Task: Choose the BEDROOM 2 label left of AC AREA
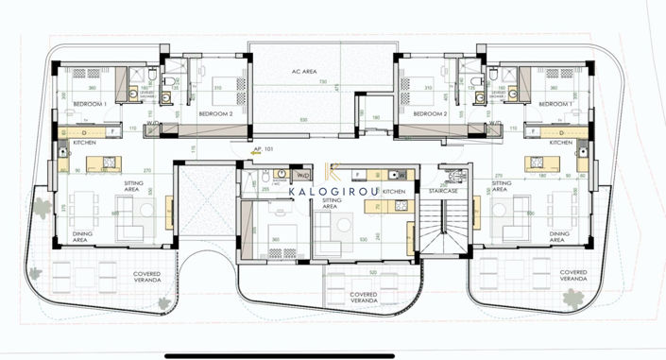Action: (x=215, y=113)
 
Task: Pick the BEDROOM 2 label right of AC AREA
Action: (x=430, y=113)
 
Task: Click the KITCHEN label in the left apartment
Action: (x=73, y=142)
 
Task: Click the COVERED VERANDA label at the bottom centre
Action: (x=364, y=297)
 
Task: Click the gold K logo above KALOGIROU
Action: (x=332, y=170)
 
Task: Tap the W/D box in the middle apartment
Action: (x=303, y=175)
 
